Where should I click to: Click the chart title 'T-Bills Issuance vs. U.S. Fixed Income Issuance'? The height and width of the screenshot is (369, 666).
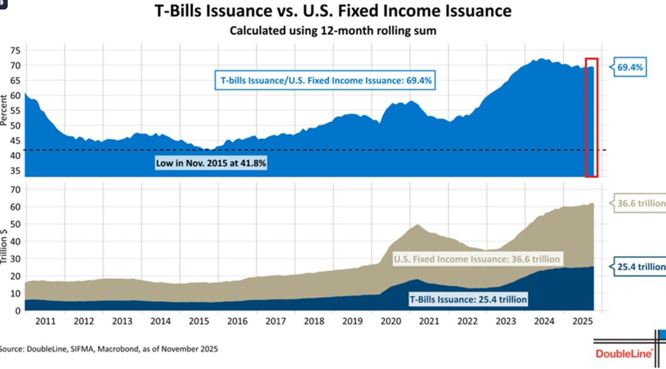tap(333, 11)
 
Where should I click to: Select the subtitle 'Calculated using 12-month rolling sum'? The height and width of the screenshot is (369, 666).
tap(333, 31)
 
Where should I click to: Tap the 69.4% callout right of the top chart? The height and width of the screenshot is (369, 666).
tap(630, 68)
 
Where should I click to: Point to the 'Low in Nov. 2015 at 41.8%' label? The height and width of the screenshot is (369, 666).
tap(211, 163)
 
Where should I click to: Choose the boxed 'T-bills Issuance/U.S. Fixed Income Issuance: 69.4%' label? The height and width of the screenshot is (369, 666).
tap(326, 81)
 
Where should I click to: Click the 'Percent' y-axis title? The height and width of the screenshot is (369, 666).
tap(4, 110)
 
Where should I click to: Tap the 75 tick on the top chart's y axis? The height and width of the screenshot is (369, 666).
tap(15, 50)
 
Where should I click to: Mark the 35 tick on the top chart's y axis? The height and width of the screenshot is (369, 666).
tap(15, 171)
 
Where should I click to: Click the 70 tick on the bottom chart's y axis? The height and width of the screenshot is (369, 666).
tap(15, 189)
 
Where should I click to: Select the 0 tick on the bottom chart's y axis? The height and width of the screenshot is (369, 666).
tap(18, 311)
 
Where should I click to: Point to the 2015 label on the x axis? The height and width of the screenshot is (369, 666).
tap(198, 322)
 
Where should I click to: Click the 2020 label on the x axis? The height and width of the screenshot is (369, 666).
tap(391, 322)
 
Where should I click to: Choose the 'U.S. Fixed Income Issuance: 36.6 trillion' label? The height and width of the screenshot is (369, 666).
tap(477, 259)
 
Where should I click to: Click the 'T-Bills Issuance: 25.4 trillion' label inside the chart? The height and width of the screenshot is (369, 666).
tap(468, 299)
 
